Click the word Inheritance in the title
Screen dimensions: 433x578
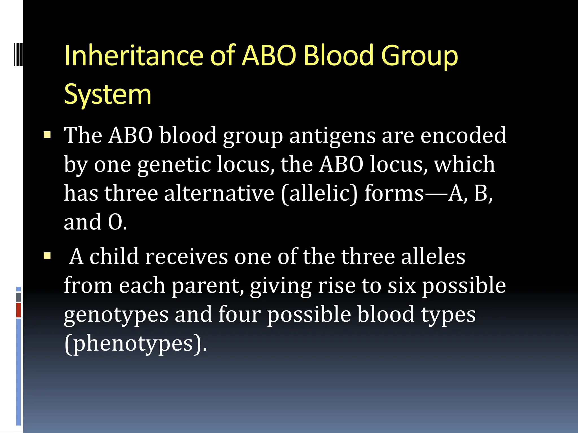tap(134, 56)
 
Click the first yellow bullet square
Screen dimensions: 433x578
tap(47, 135)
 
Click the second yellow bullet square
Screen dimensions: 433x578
tap(47, 256)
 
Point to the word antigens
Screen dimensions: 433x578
tap(332, 136)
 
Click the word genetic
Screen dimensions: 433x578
tap(174, 164)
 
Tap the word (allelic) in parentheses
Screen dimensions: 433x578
tap(319, 194)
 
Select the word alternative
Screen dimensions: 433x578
tap(219, 193)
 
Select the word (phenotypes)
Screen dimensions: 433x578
tap(135, 344)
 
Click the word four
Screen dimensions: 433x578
tap(239, 314)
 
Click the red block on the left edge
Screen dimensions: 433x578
tap(18, 310)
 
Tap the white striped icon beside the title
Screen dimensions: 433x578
tap(18, 54)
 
